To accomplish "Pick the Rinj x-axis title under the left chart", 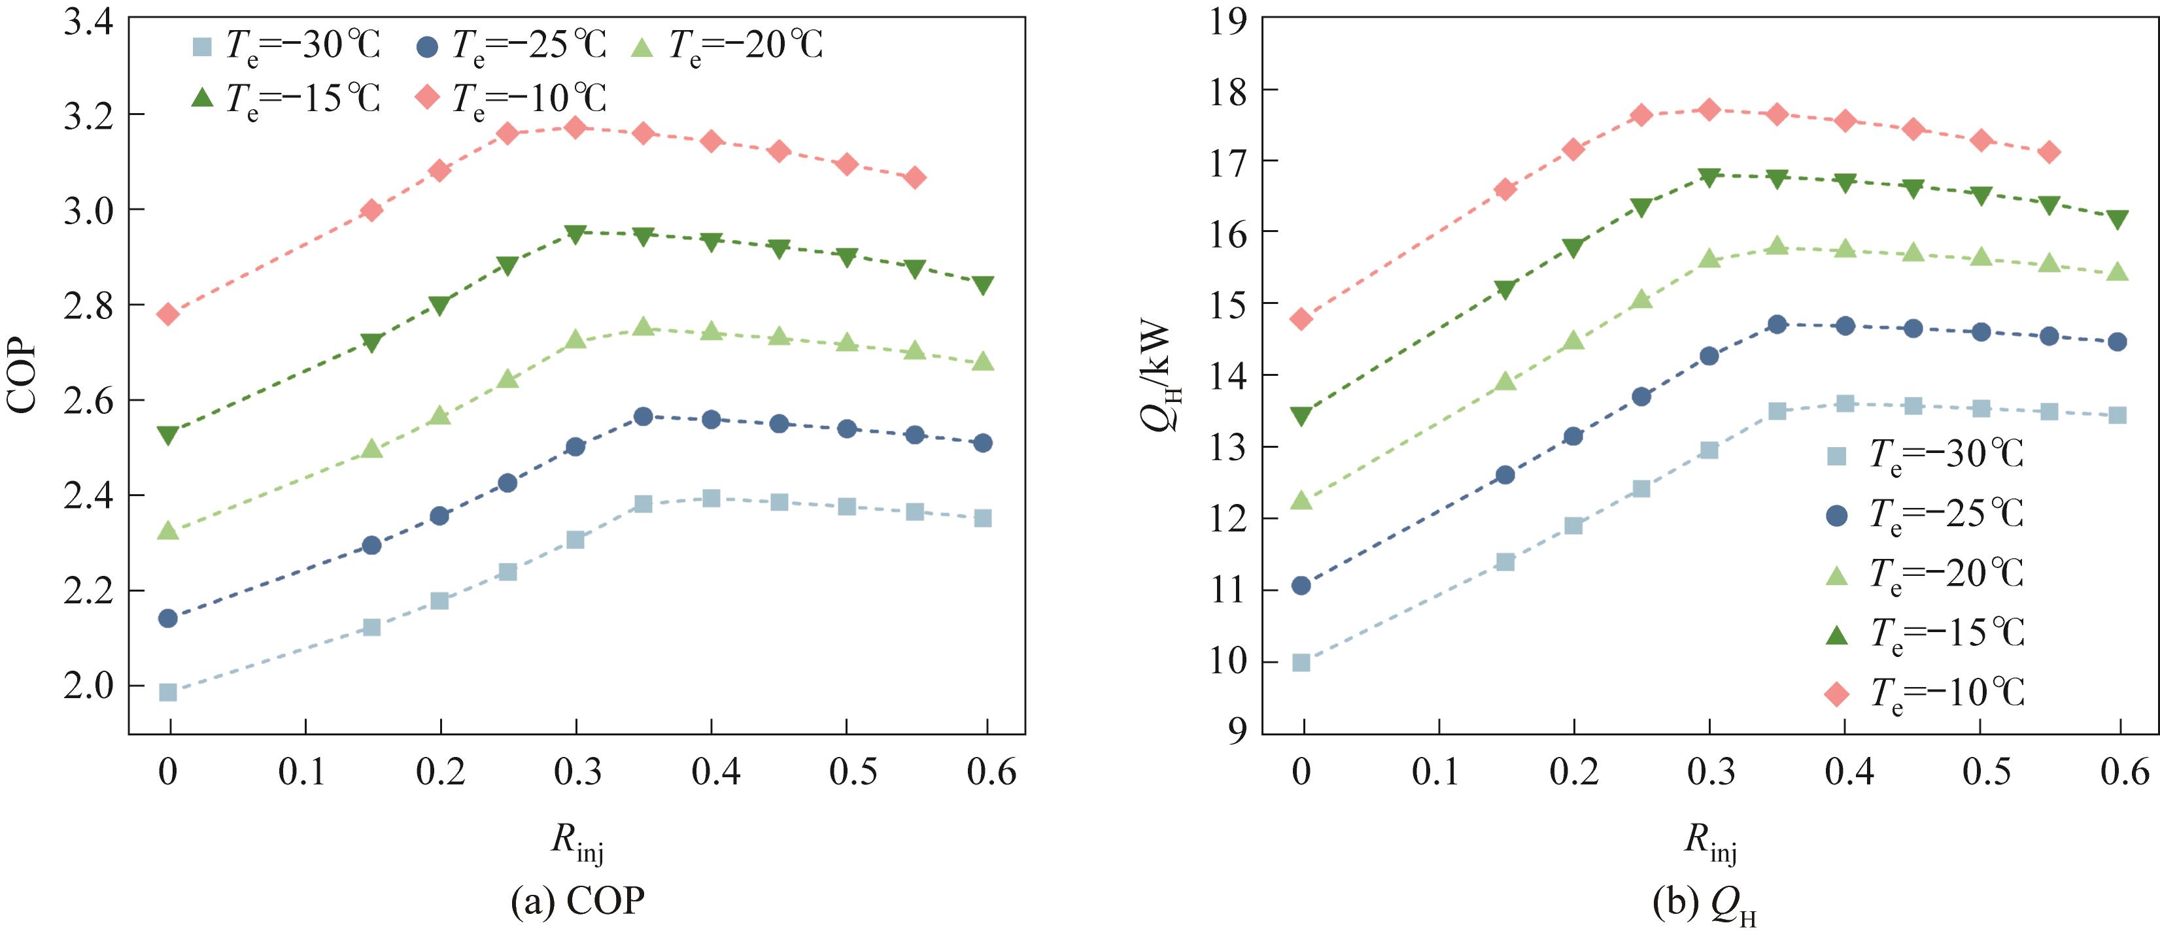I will point(576,841).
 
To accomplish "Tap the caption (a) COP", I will point(577,901).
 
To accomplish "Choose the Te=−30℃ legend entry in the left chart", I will point(286,45).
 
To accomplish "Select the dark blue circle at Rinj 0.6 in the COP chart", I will point(983,443).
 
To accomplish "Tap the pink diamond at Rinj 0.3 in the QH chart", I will point(1709,109).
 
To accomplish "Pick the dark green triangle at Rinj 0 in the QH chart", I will point(1301,416).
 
